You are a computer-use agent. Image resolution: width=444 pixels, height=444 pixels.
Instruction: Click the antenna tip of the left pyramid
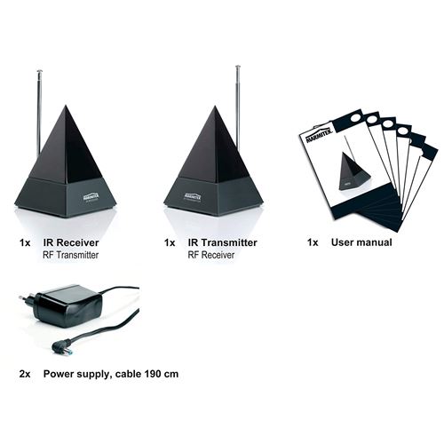click(x=39, y=71)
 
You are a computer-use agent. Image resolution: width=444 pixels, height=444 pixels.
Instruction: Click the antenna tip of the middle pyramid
click(x=238, y=67)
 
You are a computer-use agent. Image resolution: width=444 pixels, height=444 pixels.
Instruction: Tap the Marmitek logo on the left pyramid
click(x=91, y=197)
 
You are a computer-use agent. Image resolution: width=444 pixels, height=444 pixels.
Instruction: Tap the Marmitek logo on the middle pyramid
click(x=193, y=196)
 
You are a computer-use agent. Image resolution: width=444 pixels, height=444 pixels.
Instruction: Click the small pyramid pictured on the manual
click(x=353, y=171)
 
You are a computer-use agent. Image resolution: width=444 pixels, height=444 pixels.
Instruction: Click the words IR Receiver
click(x=71, y=242)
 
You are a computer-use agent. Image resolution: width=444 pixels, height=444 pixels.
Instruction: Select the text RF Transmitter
click(x=71, y=255)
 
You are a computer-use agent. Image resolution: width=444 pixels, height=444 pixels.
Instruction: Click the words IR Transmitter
click(x=223, y=242)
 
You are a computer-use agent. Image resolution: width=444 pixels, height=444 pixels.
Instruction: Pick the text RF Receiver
click(x=211, y=255)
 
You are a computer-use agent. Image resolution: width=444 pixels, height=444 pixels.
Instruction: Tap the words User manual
click(x=361, y=242)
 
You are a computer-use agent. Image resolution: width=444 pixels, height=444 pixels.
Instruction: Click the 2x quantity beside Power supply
click(x=25, y=374)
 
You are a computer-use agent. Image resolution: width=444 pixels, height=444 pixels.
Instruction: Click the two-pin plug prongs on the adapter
click(x=26, y=301)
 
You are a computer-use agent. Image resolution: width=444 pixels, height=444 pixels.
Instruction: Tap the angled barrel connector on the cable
click(x=61, y=348)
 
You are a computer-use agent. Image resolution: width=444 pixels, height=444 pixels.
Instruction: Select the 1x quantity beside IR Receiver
click(x=25, y=243)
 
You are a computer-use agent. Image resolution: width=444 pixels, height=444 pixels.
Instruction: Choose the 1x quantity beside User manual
click(x=313, y=242)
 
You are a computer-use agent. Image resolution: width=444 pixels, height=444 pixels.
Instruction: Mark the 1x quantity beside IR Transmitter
click(x=170, y=243)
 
